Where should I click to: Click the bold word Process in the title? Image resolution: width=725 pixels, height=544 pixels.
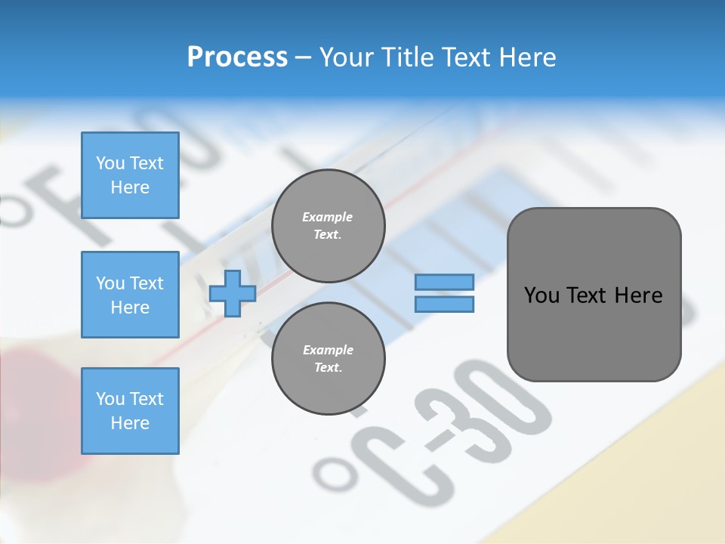237,57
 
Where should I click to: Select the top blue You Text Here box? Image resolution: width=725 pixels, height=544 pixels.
130,175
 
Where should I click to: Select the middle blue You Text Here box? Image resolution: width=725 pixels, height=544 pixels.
130,295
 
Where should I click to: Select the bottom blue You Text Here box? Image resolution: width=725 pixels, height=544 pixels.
130,411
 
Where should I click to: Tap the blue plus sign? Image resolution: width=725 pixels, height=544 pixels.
233,294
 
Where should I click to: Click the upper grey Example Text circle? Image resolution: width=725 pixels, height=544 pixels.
328,226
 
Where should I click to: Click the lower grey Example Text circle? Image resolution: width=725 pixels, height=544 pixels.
328,359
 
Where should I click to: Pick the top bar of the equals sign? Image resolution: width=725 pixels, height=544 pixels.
445,282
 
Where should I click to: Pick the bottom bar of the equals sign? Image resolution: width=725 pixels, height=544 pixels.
445,304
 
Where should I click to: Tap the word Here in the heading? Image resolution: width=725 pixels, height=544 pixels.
527,57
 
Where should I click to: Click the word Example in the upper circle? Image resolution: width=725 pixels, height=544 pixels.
327,217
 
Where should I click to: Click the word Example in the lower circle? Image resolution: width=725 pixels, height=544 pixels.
328,350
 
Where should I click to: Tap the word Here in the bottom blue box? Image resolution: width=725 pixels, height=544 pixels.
130,423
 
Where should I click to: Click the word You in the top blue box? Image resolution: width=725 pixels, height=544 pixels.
110,163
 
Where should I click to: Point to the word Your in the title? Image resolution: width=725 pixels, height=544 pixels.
347,57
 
